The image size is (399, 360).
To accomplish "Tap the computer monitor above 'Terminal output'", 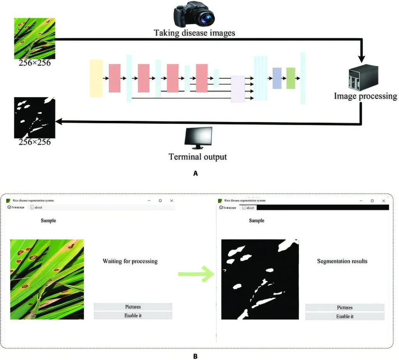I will click(198, 138).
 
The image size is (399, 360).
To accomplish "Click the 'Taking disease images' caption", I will click(194, 33).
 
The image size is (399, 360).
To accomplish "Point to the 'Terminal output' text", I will click(198, 157).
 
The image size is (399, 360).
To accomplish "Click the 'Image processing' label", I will click(365, 96).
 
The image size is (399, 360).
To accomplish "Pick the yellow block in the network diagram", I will click(96, 78).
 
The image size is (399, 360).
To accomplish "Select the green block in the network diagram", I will click(291, 78).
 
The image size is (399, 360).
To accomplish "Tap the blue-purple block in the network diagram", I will click(277, 78).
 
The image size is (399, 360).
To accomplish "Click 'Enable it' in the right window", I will click(345, 317).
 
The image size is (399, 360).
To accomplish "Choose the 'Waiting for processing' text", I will click(130, 261).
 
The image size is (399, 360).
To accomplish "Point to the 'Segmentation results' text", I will click(342, 261).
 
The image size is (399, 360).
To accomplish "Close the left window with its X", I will click(171, 200).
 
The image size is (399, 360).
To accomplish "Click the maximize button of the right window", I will click(372, 201).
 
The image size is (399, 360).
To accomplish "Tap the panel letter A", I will click(196, 174).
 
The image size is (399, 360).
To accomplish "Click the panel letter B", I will click(195, 356).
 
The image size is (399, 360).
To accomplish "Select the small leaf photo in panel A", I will click(34, 38).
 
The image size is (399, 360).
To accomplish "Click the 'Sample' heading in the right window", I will click(256, 221).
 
